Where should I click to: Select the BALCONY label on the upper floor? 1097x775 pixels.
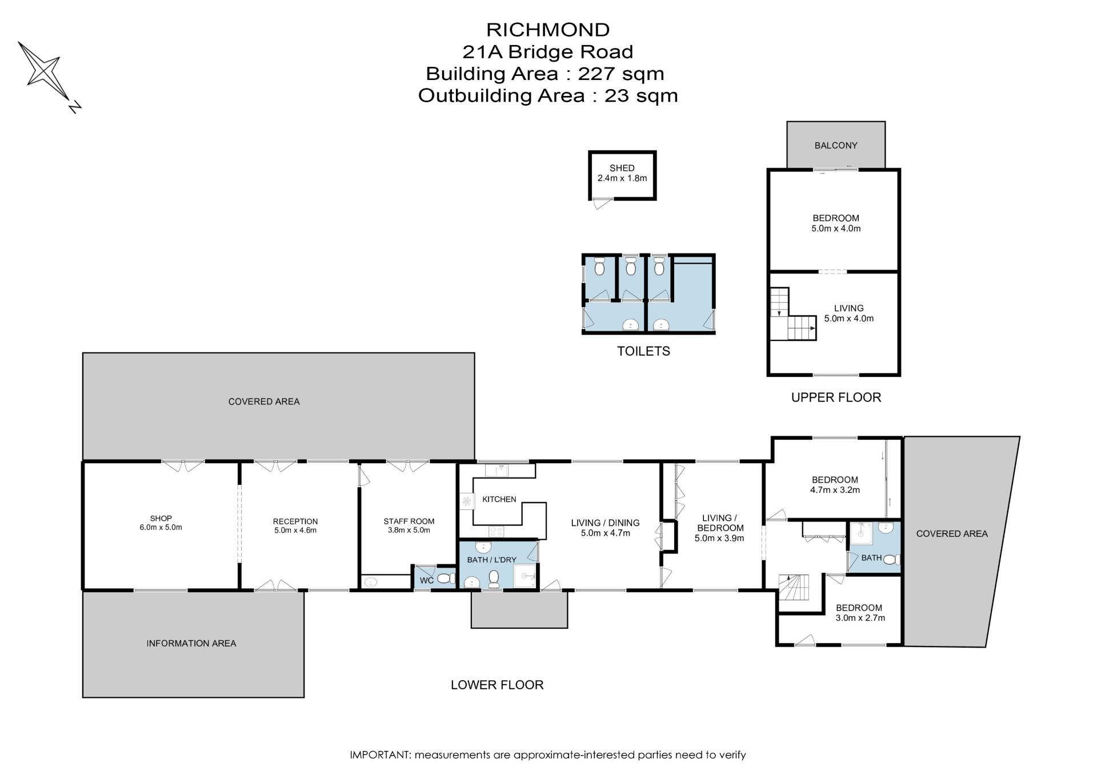[x=836, y=146]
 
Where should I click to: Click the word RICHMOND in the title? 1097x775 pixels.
[x=548, y=30]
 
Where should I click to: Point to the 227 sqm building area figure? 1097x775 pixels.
[x=621, y=74]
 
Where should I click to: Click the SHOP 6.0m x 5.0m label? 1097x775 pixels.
[x=161, y=523]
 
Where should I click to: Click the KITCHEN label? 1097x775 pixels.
[x=499, y=499]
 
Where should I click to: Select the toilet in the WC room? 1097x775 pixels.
[x=446, y=579]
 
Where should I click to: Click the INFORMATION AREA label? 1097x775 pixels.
[x=191, y=644]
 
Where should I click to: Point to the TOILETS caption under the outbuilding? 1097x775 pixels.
[x=643, y=351]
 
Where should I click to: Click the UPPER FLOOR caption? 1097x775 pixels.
[x=836, y=397]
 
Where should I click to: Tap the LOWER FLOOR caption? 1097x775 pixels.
[x=497, y=685]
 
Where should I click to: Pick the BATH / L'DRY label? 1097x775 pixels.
[x=491, y=560]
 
